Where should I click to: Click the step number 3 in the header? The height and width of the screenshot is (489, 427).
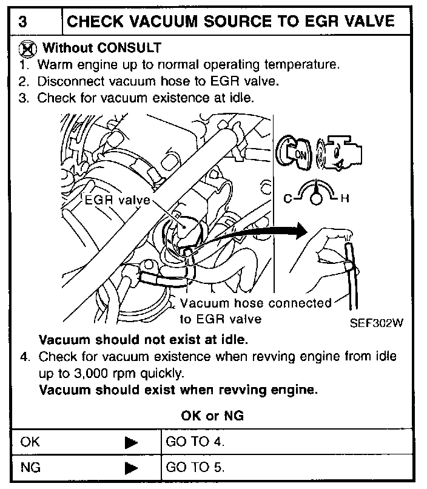(x=22, y=22)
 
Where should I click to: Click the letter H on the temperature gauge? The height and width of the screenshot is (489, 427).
(x=344, y=198)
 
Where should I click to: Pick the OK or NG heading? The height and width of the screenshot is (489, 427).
(x=212, y=416)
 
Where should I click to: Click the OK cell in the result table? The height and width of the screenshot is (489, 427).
(x=30, y=442)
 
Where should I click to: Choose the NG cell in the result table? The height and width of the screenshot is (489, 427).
(x=30, y=468)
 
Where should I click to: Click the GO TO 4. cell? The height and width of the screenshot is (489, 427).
(x=195, y=442)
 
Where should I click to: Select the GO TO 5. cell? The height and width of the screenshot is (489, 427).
(x=195, y=468)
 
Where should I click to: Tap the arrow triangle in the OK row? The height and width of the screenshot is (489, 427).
(x=131, y=443)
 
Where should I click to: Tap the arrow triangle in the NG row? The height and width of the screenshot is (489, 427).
(x=131, y=468)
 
